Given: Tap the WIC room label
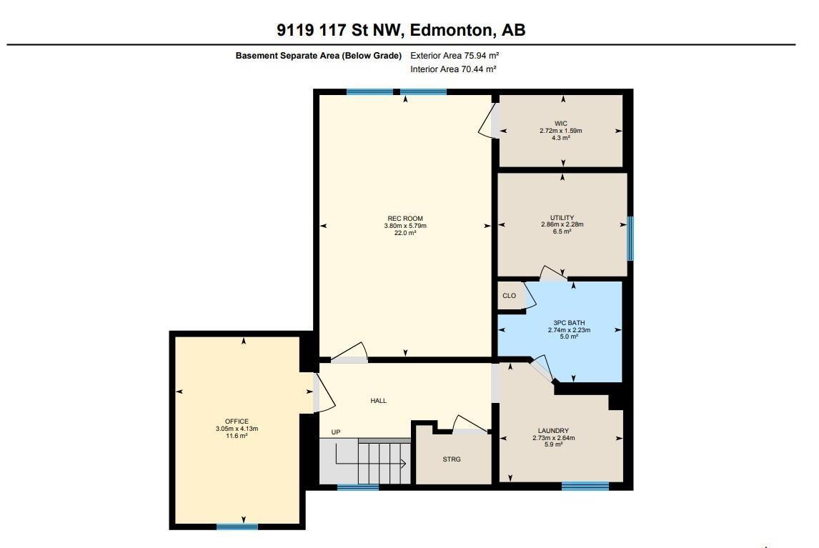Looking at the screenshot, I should pos(561,124).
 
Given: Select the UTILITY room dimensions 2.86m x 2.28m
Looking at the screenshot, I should pos(562,224).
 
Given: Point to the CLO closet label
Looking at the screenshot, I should pos(509,295).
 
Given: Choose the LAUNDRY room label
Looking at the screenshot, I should pos(553,431).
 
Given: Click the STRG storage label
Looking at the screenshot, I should pos(452,459).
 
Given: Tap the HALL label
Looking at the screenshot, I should pos(378,401).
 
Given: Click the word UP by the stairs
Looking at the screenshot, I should pos(335,432).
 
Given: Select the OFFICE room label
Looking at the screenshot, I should pos(237,422).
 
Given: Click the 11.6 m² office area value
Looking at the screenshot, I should pos(237,436).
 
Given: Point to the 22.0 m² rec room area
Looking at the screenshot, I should pos(405,233).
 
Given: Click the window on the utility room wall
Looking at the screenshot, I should pos(630,239).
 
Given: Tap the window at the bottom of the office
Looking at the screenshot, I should pos(237,527).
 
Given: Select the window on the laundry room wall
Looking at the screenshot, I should pos(585,487).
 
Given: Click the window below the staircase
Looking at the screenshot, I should pos(357,488).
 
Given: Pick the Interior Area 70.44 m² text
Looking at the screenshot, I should pos(453,69).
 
